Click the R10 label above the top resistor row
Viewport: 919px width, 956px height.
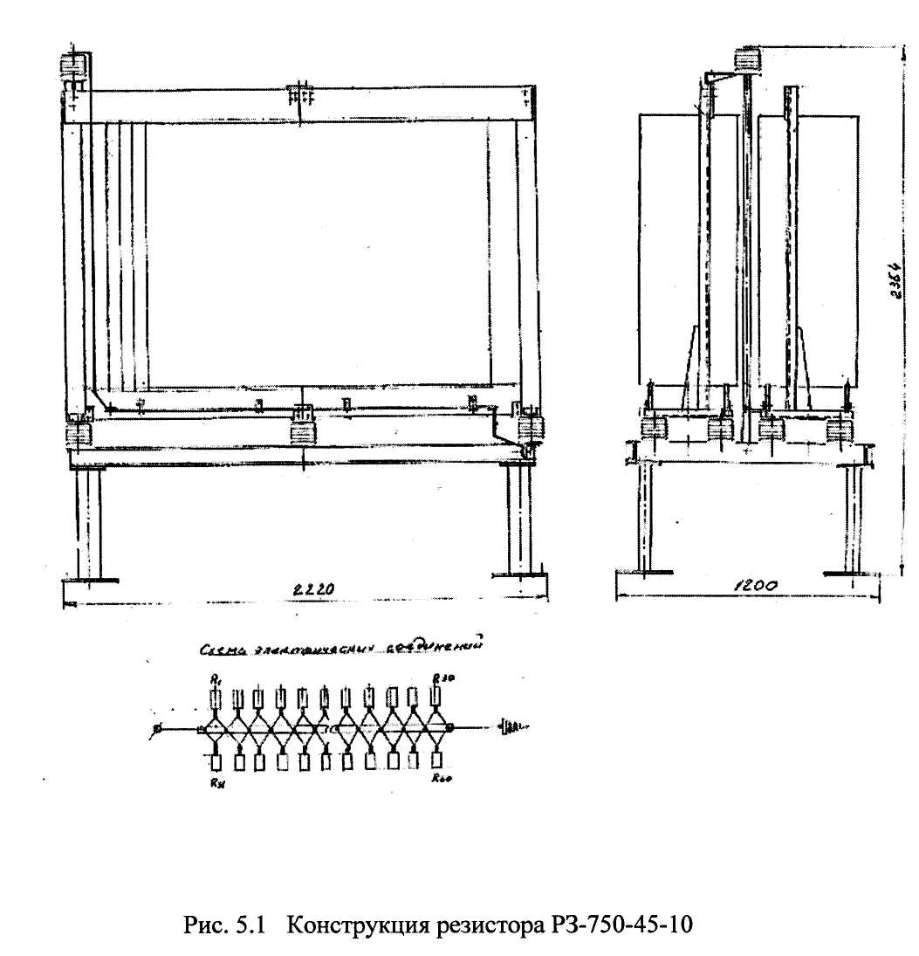click(x=439, y=677)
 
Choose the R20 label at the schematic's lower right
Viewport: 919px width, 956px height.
click(x=438, y=782)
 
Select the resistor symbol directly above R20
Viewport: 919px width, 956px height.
click(x=436, y=760)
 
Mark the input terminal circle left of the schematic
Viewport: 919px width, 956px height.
click(x=158, y=727)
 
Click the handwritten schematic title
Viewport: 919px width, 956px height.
click(x=340, y=647)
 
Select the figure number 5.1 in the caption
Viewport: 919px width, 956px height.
click(x=250, y=925)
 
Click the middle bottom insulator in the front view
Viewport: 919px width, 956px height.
click(x=303, y=430)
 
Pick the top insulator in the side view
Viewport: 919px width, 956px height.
click(x=749, y=58)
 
